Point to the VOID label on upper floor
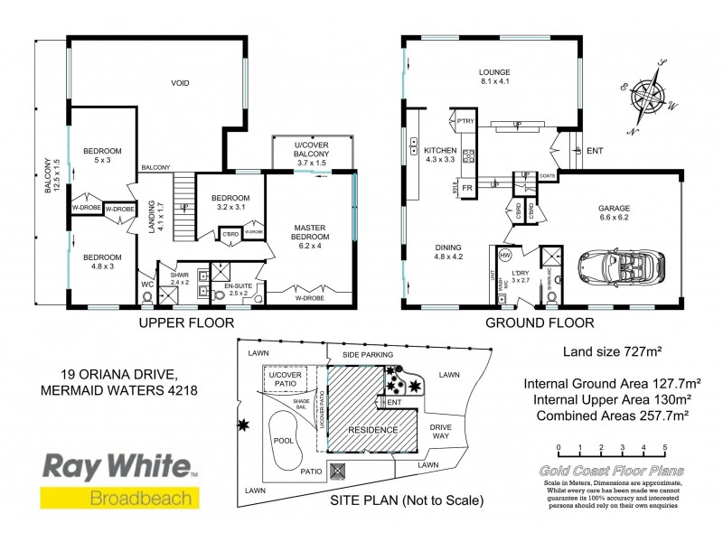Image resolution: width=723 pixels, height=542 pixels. (181, 83)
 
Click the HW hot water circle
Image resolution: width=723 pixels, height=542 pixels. (506, 255)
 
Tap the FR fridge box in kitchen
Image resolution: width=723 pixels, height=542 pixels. (467, 188)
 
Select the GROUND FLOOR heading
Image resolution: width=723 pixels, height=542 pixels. (539, 322)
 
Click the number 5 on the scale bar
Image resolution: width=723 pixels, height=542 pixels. (665, 447)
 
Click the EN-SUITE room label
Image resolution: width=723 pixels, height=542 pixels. (240, 288)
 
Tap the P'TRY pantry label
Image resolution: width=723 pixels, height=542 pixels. (466, 121)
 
